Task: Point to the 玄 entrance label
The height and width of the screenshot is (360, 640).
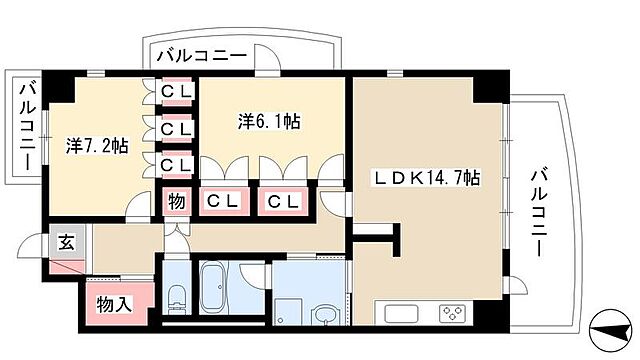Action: [64, 242]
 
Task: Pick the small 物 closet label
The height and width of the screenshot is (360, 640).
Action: [176, 201]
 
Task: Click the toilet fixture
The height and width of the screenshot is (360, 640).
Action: [176, 298]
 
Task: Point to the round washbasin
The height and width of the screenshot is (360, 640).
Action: [324, 314]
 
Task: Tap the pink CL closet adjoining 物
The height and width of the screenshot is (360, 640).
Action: [222, 201]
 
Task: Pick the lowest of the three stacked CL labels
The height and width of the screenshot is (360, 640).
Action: [176, 164]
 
